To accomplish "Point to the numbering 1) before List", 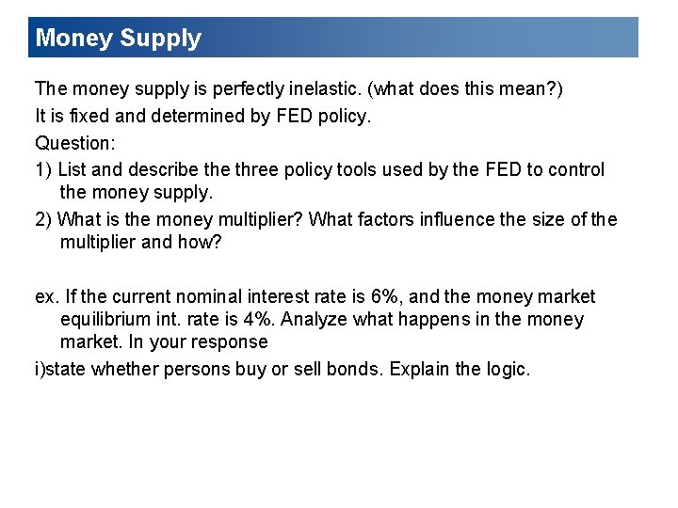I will tap(43, 170).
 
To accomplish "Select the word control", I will tap(575, 170).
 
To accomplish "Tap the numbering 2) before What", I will tap(43, 220).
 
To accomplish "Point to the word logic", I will tap(506, 370).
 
